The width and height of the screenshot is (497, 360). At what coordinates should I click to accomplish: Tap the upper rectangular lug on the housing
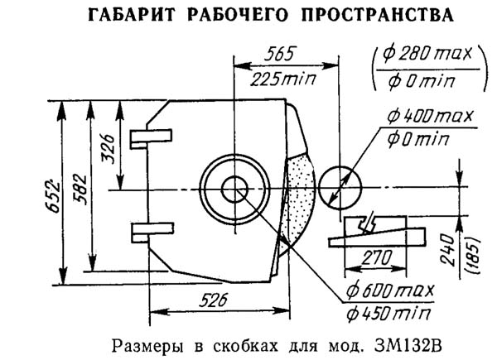coord(153,138)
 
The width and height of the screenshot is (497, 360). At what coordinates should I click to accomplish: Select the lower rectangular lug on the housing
coord(153,229)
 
